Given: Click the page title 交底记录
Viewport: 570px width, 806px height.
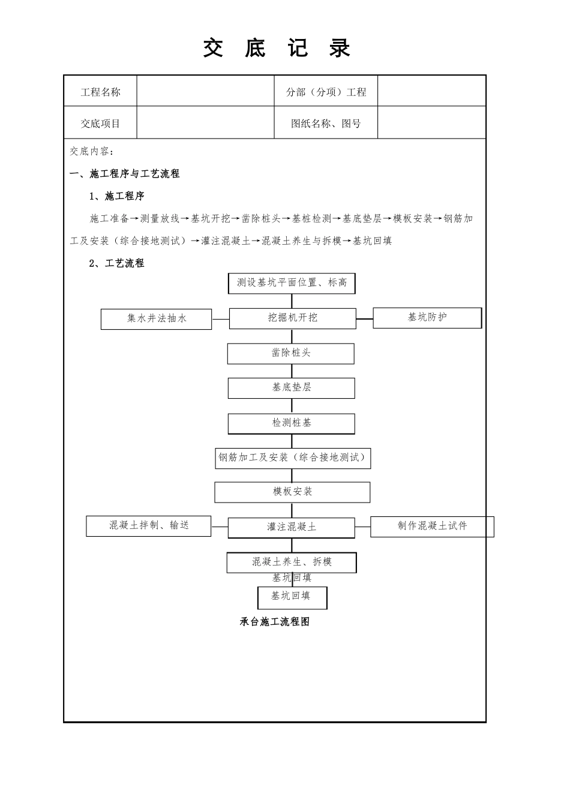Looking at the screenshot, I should point(277,49).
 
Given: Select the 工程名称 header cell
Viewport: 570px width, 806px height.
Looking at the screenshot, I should point(100,92).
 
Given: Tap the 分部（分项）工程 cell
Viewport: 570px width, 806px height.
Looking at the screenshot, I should point(326,92).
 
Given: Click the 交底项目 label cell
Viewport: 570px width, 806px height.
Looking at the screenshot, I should point(100,124).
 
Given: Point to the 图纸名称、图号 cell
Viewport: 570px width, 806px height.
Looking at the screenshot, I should point(326,124).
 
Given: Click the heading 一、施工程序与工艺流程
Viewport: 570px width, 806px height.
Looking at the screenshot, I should point(125,174).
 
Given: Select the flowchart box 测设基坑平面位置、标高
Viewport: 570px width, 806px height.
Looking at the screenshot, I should point(292,283).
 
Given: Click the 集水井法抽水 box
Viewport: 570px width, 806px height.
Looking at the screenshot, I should point(156,319).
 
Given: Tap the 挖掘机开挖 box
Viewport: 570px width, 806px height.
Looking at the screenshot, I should point(292,318).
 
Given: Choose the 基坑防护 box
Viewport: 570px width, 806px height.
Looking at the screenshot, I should point(427,318).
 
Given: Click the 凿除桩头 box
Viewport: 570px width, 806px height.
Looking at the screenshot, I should point(290,353).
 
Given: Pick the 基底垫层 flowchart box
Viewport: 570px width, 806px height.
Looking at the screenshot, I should point(291,388).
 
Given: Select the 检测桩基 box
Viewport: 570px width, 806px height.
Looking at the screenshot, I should point(291,423).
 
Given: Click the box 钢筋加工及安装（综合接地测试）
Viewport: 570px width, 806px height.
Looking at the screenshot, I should point(292,458).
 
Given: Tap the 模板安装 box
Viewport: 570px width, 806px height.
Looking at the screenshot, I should point(292,492).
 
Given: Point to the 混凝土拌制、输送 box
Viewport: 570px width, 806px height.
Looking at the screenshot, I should point(149,526).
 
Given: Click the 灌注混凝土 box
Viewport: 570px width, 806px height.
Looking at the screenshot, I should point(291,528).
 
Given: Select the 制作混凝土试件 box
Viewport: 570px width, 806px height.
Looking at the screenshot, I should point(432,527).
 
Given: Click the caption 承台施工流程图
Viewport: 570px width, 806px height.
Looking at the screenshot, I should point(275,622).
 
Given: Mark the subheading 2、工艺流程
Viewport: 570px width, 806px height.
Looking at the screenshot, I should point(116,263).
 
